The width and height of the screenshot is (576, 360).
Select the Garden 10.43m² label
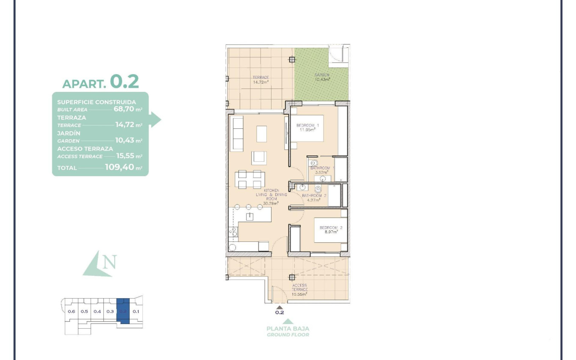[322, 77]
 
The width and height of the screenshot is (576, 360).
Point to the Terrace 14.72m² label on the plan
[261, 79]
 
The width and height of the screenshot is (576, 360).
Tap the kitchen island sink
[250, 217]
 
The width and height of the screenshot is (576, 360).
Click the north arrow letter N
[109, 262]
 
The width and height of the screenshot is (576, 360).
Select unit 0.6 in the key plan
[71, 311]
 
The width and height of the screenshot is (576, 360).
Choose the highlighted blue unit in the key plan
[123, 311]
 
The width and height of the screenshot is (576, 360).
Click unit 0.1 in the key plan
[136, 311]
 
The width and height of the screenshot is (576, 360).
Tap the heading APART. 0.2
[100, 82]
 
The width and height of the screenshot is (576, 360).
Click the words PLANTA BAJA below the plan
[288, 328]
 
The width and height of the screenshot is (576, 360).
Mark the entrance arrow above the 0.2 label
[279, 307]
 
